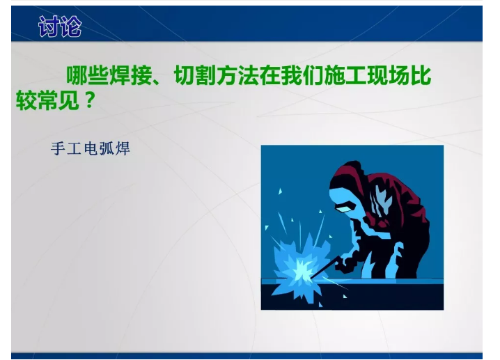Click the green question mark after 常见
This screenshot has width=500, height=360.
(x=88, y=102)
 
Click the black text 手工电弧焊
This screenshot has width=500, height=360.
(x=91, y=149)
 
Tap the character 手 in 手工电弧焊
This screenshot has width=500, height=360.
(x=58, y=149)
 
